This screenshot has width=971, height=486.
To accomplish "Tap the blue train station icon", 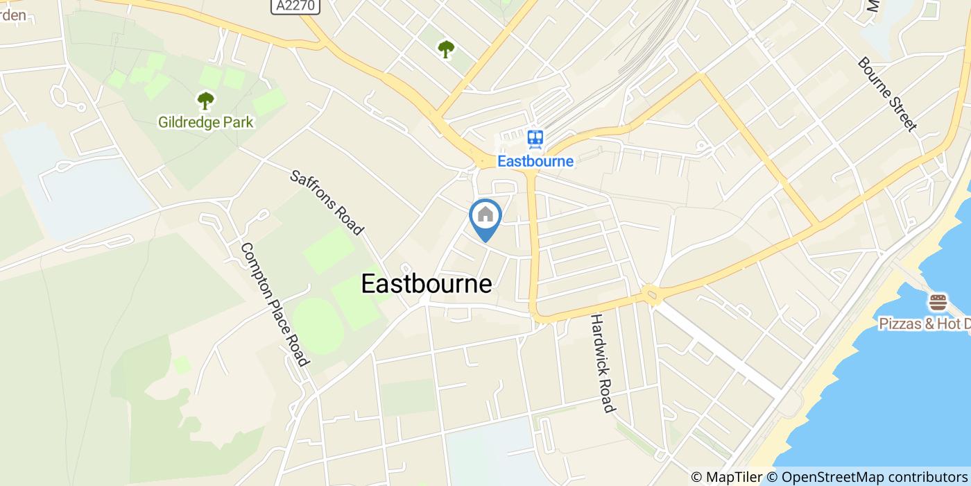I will (535, 139).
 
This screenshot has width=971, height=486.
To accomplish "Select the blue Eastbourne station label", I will (535, 161).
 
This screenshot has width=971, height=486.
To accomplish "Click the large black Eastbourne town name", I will (427, 283).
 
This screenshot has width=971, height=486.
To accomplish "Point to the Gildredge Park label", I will (206, 123).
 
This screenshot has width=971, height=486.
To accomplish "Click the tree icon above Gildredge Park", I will (205, 101).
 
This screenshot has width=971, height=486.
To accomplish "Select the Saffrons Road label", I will (327, 202).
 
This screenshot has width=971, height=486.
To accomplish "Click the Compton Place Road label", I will (273, 304).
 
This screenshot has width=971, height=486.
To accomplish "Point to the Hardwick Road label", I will (602, 363).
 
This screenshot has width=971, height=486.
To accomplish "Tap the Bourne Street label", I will (886, 94).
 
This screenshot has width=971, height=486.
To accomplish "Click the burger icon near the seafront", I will (938, 303).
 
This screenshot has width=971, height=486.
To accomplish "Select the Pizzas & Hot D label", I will (925, 324).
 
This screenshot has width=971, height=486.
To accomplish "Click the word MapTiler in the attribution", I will (734, 477).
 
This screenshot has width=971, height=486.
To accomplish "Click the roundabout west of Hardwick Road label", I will (651, 294).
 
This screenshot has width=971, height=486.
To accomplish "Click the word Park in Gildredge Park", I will (238, 123).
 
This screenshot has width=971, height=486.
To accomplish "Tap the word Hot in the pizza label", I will (947, 324).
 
